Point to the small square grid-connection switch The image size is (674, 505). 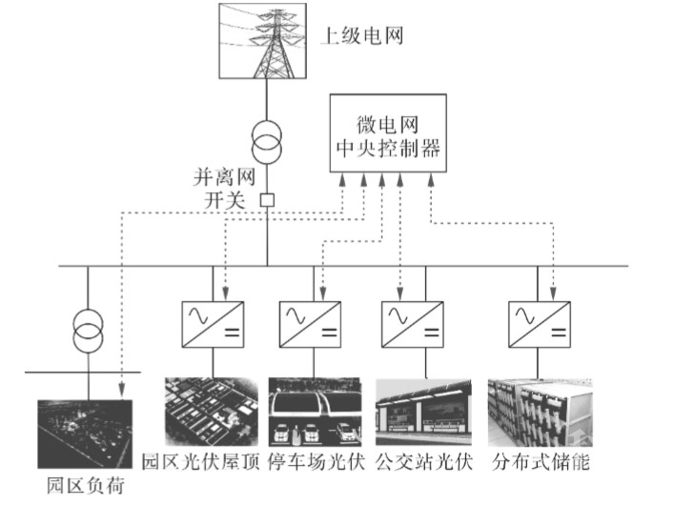coord(268,200)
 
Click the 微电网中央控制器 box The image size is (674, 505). coord(388,133)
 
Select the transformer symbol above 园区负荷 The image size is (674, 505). coord(88,333)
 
